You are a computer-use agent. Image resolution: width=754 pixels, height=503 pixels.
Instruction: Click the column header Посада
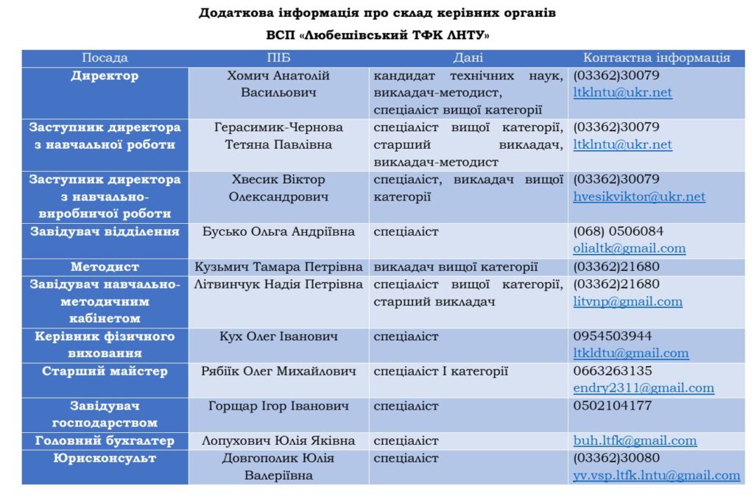tap(105, 58)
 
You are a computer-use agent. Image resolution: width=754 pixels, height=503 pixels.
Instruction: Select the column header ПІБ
tap(278, 58)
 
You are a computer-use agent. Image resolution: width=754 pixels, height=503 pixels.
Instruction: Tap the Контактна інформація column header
tap(656, 58)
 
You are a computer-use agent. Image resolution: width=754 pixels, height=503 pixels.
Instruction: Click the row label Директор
tap(105, 76)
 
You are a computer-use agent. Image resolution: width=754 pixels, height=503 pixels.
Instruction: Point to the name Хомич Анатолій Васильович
tap(278, 85)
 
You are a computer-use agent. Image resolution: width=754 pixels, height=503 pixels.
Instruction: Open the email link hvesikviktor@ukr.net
tap(639, 197)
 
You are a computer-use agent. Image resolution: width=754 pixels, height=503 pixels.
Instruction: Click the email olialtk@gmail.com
tap(630, 248)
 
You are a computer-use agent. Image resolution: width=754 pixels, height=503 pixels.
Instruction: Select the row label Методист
tap(105, 267)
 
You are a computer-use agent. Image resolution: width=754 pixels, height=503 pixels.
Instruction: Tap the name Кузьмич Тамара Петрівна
tap(278, 267)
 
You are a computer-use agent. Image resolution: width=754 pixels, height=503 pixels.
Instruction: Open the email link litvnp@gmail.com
tap(627, 301)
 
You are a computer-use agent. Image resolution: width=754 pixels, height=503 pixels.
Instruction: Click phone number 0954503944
tap(613, 337)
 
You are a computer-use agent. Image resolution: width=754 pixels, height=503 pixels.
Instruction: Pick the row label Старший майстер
tap(105, 371)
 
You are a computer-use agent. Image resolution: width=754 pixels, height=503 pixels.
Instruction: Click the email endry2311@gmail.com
tap(644, 388)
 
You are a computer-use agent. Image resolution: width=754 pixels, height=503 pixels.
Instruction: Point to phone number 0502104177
tap(613, 406)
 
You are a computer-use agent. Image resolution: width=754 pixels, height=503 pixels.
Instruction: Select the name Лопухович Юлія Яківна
tap(278, 440)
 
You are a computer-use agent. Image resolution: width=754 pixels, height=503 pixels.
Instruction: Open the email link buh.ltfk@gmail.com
tap(635, 440)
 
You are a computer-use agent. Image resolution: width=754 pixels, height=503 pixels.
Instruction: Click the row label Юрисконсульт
tap(105, 458)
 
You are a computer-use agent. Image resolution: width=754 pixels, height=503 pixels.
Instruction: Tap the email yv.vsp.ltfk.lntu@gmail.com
tap(657, 476)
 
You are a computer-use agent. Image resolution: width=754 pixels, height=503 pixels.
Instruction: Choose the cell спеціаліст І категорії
tap(440, 371)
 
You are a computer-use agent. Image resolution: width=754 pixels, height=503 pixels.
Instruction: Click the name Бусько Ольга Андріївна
tap(278, 231)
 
